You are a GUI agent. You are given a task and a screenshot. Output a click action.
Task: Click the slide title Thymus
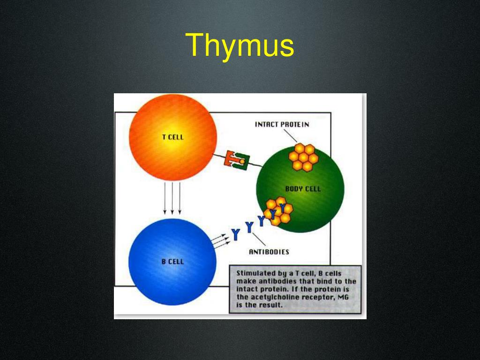240,45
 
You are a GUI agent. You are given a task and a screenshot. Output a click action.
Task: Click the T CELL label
172,137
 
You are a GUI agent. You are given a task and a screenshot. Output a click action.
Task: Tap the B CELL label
172,261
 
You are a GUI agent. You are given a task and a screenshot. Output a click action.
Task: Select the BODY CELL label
303,188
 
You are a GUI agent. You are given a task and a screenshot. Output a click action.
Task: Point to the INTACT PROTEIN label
282,124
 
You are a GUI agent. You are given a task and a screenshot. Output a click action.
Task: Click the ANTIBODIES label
269,252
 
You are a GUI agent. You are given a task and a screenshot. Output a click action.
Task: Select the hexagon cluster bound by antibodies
278,211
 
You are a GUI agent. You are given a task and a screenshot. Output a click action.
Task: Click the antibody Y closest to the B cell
236,233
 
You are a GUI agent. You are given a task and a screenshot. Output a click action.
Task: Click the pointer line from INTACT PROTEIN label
290,135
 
